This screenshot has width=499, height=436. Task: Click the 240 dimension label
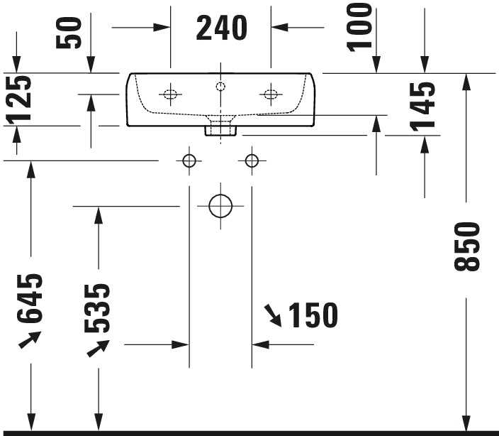pyautogui.click(x=221, y=28)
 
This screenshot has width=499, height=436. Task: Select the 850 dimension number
pyautogui.click(x=467, y=247)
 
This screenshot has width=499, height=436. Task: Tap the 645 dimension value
pyautogui.click(x=29, y=298)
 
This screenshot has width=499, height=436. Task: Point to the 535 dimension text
pyautogui.click(x=97, y=308)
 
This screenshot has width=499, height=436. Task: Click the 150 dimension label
pyautogui.click(x=313, y=315)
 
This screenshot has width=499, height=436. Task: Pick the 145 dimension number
pyautogui.click(x=422, y=107)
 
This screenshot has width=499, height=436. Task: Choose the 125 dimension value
pyautogui.click(x=18, y=99)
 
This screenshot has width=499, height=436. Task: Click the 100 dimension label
pyautogui.click(x=359, y=27)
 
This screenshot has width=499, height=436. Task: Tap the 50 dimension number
pyautogui.click(x=69, y=33)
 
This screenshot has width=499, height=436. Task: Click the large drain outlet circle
pyautogui.click(x=220, y=206)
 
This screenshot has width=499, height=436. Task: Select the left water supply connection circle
pyautogui.click(x=189, y=160)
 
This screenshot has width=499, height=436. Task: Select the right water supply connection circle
pyautogui.click(x=252, y=160)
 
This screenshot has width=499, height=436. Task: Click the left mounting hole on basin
pyautogui.click(x=170, y=94)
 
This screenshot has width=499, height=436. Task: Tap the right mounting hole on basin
pyautogui.click(x=271, y=94)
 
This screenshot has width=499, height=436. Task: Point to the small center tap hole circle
pyautogui.click(x=220, y=86)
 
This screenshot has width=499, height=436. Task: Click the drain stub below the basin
pyautogui.click(x=220, y=131)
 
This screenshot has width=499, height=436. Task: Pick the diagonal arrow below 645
pyautogui.click(x=30, y=339)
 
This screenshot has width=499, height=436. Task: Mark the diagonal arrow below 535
pyautogui.click(x=99, y=349)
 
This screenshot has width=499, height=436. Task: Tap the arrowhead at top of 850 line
pyautogui.click(x=466, y=82)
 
